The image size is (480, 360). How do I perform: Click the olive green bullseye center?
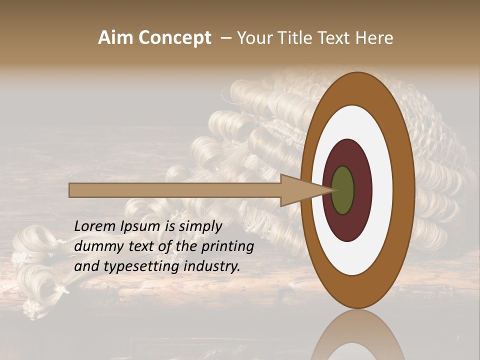(342, 190)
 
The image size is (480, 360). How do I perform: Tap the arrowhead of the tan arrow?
(305, 190)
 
